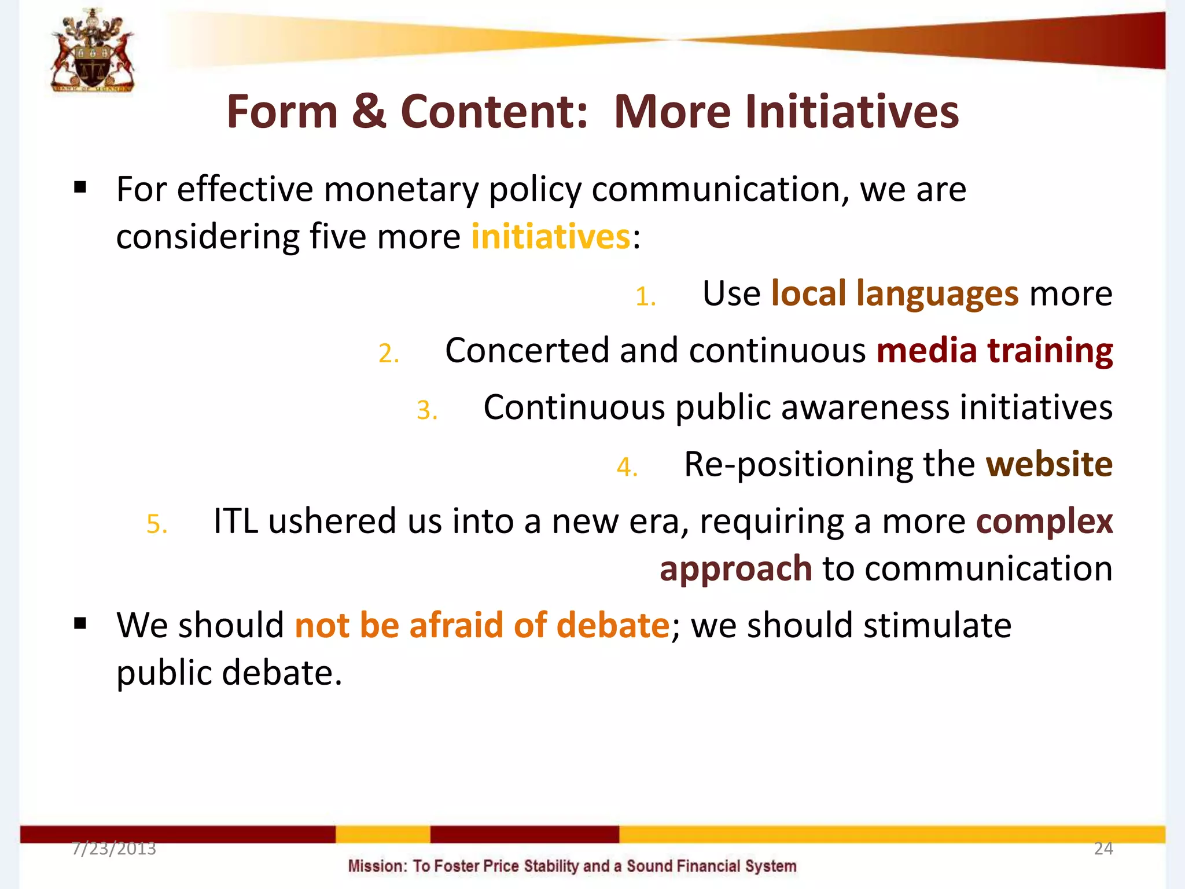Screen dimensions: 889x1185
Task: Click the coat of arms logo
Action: [93, 51]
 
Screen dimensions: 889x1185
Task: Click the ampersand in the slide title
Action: [369, 111]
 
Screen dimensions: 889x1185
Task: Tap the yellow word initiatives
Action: [550, 237]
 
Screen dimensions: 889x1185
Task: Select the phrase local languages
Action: [895, 293]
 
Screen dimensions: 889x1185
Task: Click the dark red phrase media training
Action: [994, 351]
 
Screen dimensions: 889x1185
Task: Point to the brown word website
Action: [1048, 464]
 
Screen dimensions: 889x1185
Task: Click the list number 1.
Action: [645, 297]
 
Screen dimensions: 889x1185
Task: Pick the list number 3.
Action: [426, 410]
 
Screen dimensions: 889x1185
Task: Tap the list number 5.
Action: [156, 524]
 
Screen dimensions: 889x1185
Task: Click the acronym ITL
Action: [235, 521]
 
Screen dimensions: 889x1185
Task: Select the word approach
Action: [735, 570]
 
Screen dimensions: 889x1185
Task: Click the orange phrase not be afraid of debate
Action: [482, 626]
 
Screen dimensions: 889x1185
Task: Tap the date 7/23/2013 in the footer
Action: [114, 848]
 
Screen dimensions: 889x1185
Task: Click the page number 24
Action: [1103, 848]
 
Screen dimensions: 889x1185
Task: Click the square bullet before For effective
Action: [80, 188]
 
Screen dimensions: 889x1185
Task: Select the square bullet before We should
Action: [80, 623]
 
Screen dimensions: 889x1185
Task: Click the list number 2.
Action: [388, 354]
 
